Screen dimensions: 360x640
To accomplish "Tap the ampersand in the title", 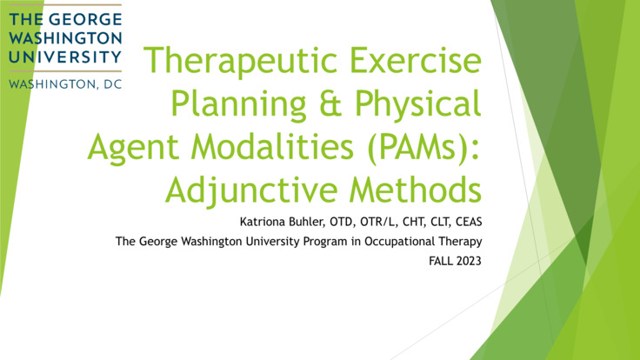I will coord(320,105).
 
